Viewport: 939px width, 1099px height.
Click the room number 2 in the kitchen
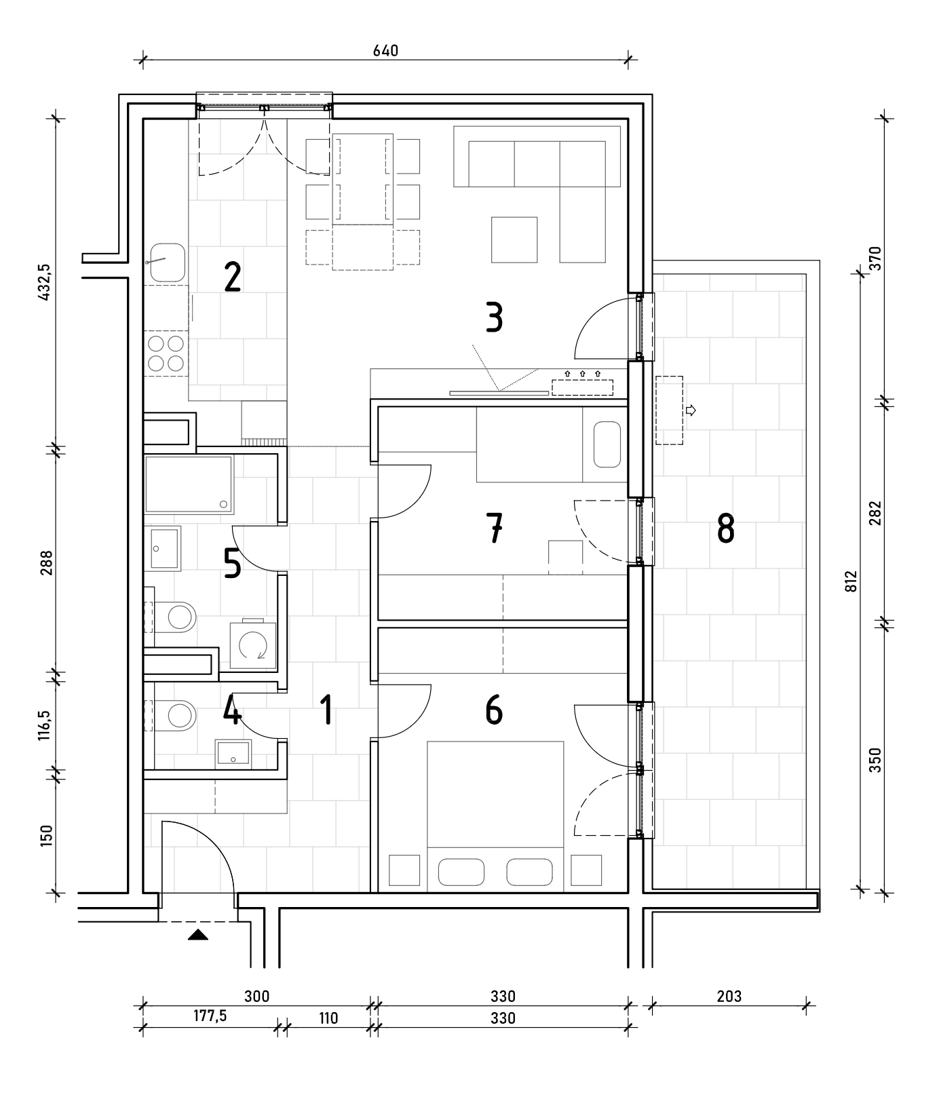point(232,277)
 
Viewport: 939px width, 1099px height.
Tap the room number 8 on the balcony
point(725,528)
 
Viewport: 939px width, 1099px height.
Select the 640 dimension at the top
point(385,51)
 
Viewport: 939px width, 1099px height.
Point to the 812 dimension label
point(852,581)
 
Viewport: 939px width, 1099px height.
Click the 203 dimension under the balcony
point(729,996)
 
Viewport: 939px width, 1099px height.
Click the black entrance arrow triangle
point(198,935)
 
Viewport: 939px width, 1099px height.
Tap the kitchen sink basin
point(168,262)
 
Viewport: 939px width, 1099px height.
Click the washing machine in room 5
point(253,644)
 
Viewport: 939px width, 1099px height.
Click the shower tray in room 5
point(189,484)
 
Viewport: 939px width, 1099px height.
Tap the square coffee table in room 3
point(514,239)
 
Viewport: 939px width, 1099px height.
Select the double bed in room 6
point(495,814)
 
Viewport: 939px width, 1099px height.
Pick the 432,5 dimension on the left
point(46,282)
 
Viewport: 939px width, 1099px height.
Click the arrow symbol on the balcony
point(691,410)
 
